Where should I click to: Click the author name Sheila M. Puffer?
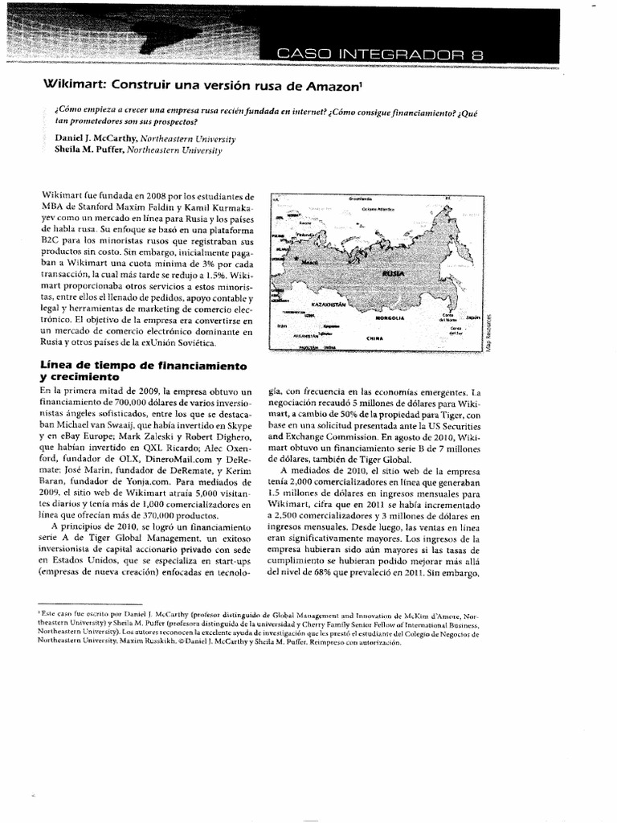click(x=76, y=149)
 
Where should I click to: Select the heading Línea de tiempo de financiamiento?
click(x=142, y=366)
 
